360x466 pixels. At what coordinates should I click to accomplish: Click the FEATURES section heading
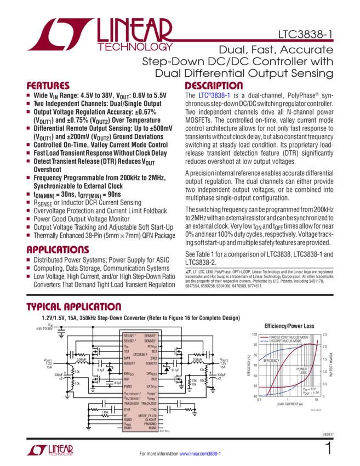pyautogui.click(x=48, y=86)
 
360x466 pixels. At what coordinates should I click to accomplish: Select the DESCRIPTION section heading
pyautogui.click(x=214, y=86)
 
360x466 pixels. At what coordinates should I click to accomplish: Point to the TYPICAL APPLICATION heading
pyautogui.click(x=75, y=307)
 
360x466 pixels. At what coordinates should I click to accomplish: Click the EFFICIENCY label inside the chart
pyautogui.click(x=271, y=361)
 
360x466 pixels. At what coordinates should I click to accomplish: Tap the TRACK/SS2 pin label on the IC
pyautogui.click(x=150, y=403)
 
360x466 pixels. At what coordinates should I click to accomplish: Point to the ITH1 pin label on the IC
pyautogui.click(x=128, y=409)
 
